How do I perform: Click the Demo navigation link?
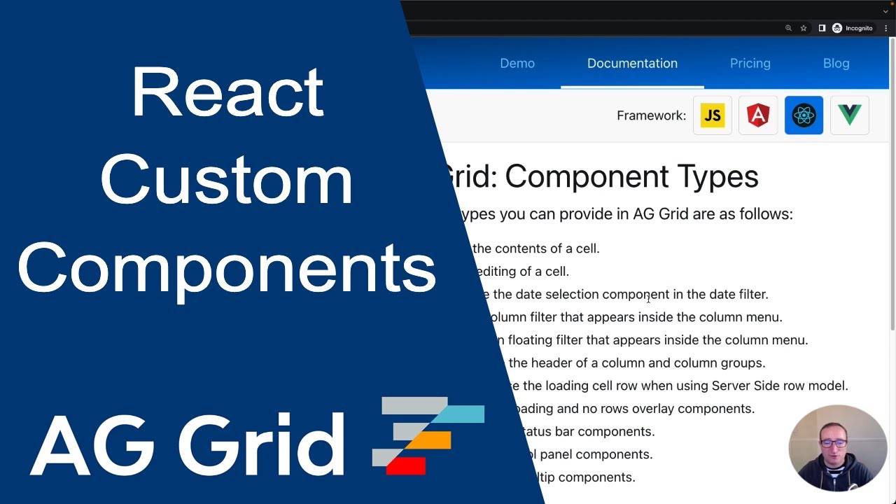[x=517, y=63]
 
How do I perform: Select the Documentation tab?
[x=632, y=63]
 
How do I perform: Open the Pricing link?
[x=750, y=63]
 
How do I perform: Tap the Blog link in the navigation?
[x=836, y=63]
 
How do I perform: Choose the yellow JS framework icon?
[x=712, y=115]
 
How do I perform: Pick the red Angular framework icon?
[x=758, y=115]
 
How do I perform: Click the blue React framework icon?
[x=804, y=115]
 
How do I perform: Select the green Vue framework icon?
[x=849, y=115]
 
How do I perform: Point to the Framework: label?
[x=651, y=115]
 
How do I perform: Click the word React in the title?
[x=227, y=92]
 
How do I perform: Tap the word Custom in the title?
[x=227, y=180]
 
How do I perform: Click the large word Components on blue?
[x=227, y=268]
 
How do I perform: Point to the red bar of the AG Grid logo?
[x=406, y=465]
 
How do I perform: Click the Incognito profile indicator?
[x=852, y=28]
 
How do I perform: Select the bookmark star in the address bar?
[x=804, y=28]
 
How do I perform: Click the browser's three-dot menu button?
[x=886, y=28]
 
